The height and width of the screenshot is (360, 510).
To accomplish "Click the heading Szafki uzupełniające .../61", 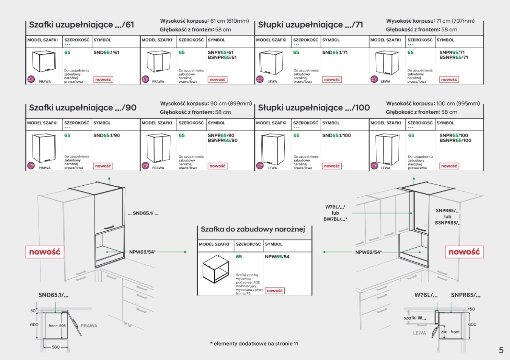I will (82, 25).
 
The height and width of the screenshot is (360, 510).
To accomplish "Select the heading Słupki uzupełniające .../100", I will (314, 108).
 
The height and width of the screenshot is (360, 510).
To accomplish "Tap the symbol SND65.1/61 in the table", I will (106, 53).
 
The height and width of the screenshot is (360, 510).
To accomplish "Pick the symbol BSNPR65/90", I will (223, 141).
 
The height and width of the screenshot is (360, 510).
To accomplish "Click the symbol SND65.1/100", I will (336, 135).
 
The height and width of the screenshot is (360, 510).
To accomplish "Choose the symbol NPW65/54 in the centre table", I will (277, 257).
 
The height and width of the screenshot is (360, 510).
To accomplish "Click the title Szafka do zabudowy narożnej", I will (253, 229).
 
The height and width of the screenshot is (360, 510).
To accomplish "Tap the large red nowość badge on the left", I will (45, 252).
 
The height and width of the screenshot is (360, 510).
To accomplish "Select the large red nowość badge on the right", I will (464, 252).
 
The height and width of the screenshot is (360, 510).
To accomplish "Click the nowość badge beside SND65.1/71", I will (332, 79).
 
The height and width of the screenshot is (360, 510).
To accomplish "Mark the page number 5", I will (501, 350).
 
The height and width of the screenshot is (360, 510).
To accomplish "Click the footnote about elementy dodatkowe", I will (254, 344).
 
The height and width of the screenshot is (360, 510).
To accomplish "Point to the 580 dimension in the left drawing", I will (56, 347).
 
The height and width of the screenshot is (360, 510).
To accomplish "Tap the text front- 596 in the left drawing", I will (57, 326).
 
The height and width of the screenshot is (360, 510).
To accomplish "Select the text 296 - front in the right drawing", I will (450, 332).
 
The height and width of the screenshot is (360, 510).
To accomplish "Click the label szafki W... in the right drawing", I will (415, 318).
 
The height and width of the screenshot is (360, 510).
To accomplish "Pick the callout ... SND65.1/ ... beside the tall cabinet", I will (143, 213).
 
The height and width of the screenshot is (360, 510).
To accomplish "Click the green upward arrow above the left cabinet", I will (109, 180).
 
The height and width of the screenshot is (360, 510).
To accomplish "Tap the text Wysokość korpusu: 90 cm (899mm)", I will (206, 104).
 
